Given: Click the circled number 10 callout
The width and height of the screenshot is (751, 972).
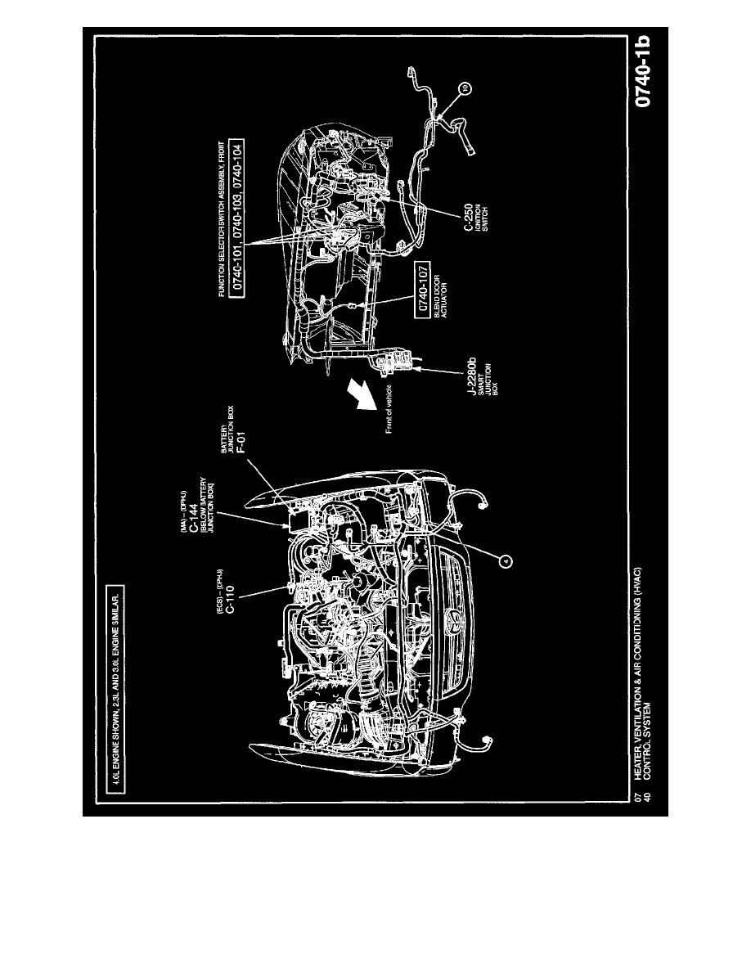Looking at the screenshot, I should (x=465, y=87).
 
